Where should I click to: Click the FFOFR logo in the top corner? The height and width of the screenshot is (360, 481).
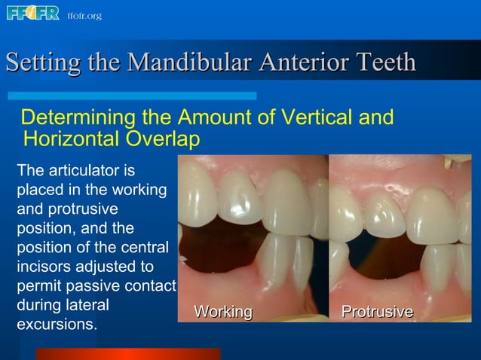pyautogui.click(x=32, y=14)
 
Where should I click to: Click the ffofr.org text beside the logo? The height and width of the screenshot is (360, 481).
pyautogui.click(x=84, y=16)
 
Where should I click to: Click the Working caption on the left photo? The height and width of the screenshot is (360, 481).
pyautogui.click(x=223, y=312)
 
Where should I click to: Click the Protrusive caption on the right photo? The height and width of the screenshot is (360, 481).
pyautogui.click(x=377, y=312)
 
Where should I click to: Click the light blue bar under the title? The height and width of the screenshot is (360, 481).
pyautogui.click(x=132, y=96)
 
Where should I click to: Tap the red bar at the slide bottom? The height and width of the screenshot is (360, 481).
pyautogui.click(x=128, y=354)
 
